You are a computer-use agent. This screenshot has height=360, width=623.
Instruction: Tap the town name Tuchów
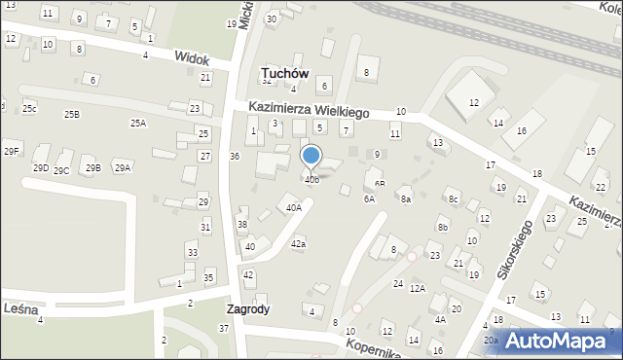coord(285,73)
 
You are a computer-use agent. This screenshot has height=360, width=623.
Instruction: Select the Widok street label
coord(192,59)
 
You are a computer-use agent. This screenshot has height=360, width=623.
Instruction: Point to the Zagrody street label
coord(247,309)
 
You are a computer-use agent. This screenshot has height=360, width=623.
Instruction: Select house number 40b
coord(311,179)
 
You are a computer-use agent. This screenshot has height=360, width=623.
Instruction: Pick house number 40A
coord(293,207)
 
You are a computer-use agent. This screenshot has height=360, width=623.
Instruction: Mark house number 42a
coord(298,244)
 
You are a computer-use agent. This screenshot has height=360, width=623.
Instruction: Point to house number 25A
coord(138,123)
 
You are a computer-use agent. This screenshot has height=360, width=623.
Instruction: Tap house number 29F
coord(12,150)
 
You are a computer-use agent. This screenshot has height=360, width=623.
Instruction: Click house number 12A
coord(418,289)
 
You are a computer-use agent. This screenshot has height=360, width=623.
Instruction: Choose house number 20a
coord(492,340)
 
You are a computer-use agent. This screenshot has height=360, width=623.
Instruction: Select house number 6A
coord(369,198)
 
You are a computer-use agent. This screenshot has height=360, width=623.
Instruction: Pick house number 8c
coord(453,199)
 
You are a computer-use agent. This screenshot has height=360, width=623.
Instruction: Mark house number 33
coord(193,253)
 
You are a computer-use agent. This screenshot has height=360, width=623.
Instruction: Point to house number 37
coord(224,328)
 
